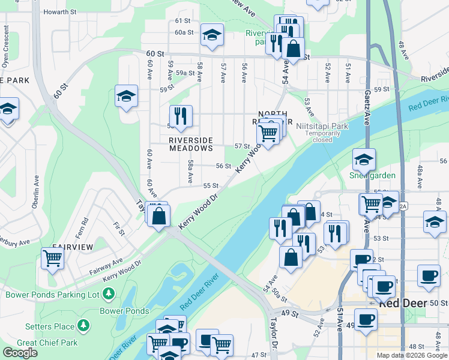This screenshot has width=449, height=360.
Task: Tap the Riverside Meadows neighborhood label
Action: pyautogui.click(x=191, y=143)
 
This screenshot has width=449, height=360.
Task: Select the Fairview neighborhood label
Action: pyautogui.click(x=72, y=247)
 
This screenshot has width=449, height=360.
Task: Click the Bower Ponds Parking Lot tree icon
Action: pyautogui.click(x=109, y=295)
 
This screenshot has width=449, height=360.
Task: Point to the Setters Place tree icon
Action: pyautogui.click(x=83, y=326)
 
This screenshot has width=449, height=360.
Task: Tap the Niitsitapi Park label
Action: pyautogui.click(x=322, y=127)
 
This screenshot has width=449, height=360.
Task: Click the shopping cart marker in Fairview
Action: pyautogui.click(x=53, y=259)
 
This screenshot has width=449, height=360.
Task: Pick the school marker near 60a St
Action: pyautogui.click(x=212, y=35)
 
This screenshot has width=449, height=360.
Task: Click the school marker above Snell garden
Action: pyautogui.click(x=364, y=159)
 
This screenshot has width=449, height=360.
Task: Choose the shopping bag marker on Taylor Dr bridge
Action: pyautogui.click(x=158, y=217)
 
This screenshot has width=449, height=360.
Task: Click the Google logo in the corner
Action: pyautogui.click(x=20, y=353)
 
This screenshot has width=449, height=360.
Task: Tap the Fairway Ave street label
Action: pyautogui.click(x=106, y=262)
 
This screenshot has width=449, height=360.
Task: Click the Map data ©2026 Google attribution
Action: pyautogui.click(x=412, y=355)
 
